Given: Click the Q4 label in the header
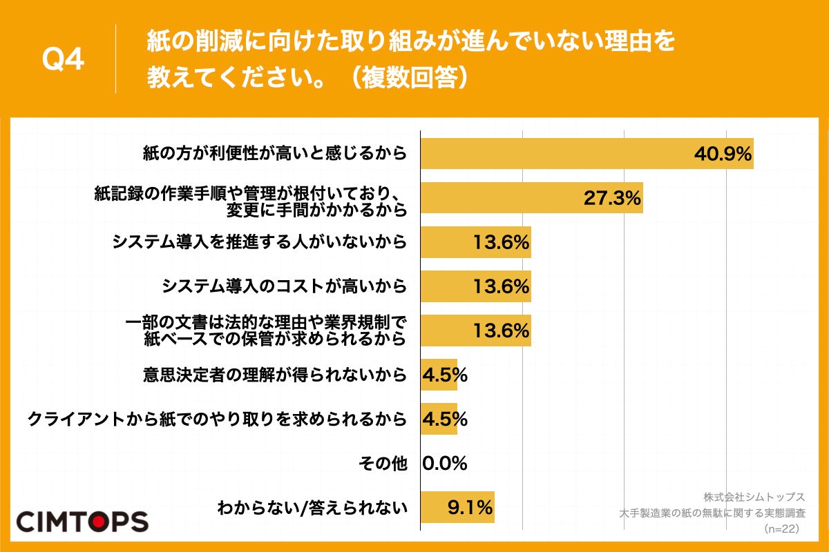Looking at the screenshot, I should coord(63,60).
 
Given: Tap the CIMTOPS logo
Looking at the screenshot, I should coord(82,521).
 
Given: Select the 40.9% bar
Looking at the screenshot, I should coord(587,153).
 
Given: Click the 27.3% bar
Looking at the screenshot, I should coord(531,198).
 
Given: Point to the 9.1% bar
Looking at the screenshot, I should coord(457,508).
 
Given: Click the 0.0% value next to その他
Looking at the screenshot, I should coord(444,464).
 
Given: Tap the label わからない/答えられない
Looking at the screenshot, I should coord(312,509).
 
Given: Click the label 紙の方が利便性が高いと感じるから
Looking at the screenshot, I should coord(274,153).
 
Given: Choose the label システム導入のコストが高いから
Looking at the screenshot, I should coord(283,286).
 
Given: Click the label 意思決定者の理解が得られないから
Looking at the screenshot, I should coord(274,375).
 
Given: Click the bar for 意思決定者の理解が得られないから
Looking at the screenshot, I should coord(439,375).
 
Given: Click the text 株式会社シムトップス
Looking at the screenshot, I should coord(754,497).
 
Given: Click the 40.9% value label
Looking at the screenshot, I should coord(723,154).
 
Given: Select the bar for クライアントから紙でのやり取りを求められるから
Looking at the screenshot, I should coord(439,420).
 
